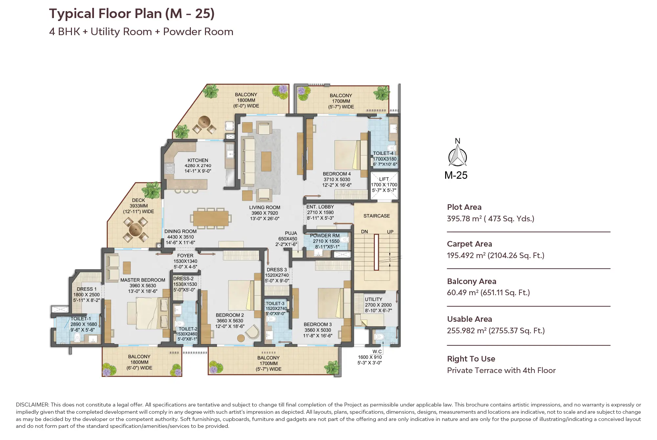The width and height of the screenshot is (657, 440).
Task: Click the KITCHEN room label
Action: pyautogui.click(x=198, y=160)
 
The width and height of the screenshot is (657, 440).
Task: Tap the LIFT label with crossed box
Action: pyautogui.click(x=384, y=179)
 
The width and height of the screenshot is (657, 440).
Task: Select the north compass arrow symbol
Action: pyautogui.click(x=457, y=156)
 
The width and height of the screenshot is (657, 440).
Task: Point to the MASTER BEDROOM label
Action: pyautogui.click(x=143, y=280)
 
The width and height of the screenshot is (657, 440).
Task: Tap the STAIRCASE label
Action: pyautogui.click(x=376, y=216)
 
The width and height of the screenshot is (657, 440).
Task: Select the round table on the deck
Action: pyautogui.click(x=135, y=229)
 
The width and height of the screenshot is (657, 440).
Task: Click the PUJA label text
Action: pyautogui.click(x=291, y=233)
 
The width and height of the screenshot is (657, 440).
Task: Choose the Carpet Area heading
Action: pyautogui.click(x=469, y=244)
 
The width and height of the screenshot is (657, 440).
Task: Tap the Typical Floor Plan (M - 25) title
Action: pyautogui.click(x=132, y=14)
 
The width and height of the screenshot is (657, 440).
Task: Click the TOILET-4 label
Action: pyautogui.click(x=383, y=153)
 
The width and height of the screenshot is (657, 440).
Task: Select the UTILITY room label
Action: pyautogui.click(x=374, y=299)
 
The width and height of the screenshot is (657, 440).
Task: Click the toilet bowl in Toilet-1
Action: pyautogui.click(x=78, y=337)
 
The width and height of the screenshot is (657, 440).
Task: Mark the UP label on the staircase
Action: pyautogui.click(x=390, y=232)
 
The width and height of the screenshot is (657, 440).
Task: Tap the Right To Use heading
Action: pyautogui.click(x=471, y=359)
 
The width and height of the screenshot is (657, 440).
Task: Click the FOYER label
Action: pyautogui.click(x=185, y=255)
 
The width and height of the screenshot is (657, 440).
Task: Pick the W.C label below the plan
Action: pyautogui.click(x=377, y=352)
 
